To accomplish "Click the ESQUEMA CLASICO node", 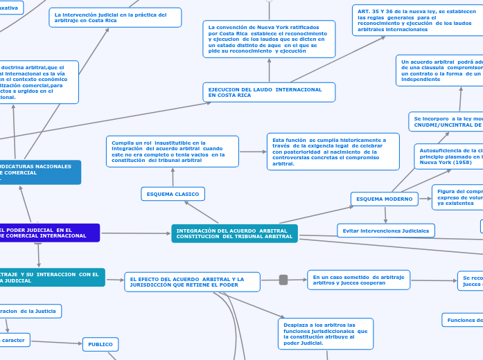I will point(173,194).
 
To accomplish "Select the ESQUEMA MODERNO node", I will point(384,199).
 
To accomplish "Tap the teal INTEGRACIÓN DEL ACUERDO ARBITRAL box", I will point(234,233).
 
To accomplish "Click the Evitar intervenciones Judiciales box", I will point(385,230).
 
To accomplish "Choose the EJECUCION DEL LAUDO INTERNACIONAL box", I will point(269,92).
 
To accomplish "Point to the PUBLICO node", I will point(100,344).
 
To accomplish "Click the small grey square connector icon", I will point(283,280).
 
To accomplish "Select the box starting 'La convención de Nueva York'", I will point(269,39).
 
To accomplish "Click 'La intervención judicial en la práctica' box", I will point(115,17).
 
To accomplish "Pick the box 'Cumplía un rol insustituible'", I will point(172,151).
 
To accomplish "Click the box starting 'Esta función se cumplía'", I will point(333,151).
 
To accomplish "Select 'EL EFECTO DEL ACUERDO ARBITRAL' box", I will point(192,282).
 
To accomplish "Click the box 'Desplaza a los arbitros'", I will point(326,334).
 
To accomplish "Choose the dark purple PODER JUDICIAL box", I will point(49,233).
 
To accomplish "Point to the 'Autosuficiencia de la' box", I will point(448,156).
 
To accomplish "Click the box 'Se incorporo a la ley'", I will point(445,121).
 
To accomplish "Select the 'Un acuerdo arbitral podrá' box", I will point(439,71).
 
